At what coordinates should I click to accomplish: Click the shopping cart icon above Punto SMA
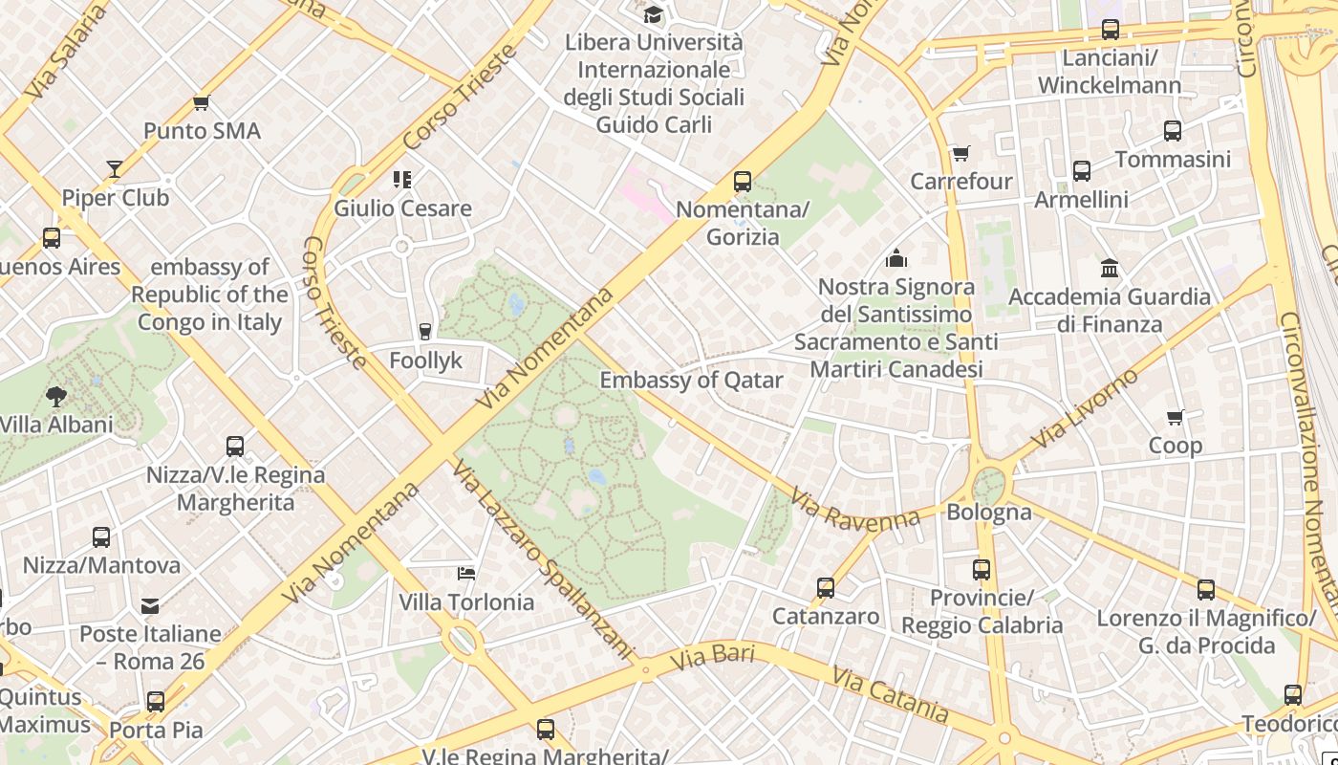click(x=201, y=102)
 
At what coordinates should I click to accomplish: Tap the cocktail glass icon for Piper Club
click(x=115, y=169)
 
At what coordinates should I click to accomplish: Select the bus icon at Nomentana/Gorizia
click(x=743, y=181)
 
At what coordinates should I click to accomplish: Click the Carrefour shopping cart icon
click(x=960, y=153)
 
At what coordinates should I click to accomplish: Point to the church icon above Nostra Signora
click(x=896, y=258)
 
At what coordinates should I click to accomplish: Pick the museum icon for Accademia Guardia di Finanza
click(x=1110, y=268)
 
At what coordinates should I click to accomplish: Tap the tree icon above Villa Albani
click(x=56, y=396)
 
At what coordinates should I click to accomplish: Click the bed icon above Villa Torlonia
click(x=466, y=574)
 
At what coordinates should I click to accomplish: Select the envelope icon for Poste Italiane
click(x=150, y=605)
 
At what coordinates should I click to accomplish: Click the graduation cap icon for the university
click(x=653, y=14)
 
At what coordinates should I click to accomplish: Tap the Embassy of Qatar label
click(x=691, y=380)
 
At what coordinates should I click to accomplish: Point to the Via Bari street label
click(x=712, y=658)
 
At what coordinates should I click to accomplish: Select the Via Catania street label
click(x=890, y=694)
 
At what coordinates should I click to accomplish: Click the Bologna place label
click(x=989, y=513)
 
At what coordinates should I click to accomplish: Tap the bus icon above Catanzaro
click(x=826, y=588)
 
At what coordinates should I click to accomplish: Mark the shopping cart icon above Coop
click(x=1175, y=417)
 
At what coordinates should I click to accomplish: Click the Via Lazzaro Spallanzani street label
click(x=543, y=560)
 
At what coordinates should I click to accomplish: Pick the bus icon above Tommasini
click(x=1173, y=131)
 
